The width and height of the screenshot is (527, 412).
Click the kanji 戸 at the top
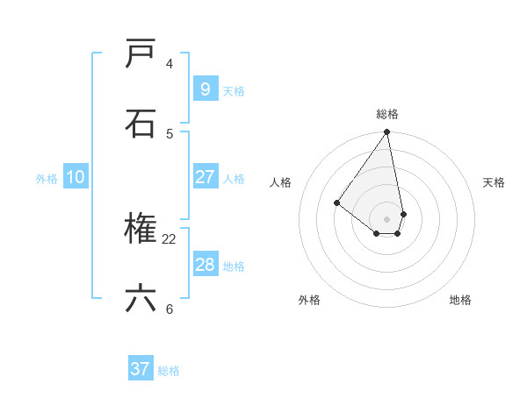tap(141, 54)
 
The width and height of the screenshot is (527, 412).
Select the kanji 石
tap(141, 124)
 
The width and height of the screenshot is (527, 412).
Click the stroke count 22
tap(170, 238)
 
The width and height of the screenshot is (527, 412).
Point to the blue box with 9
tap(205, 89)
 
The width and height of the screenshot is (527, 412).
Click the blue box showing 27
tap(205, 177)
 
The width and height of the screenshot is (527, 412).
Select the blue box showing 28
tap(205, 265)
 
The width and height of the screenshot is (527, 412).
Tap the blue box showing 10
tap(76, 177)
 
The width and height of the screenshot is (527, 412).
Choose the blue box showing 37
tap(141, 369)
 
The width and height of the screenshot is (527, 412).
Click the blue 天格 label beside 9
tap(234, 91)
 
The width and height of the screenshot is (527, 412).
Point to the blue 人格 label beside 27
tap(234, 179)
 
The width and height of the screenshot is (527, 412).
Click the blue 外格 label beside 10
tap(47, 179)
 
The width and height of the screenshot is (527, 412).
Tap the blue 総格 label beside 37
tap(169, 371)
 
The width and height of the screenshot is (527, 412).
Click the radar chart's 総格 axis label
tap(387, 114)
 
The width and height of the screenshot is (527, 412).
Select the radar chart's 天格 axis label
tap(495, 182)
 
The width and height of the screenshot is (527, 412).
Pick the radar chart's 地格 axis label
tap(460, 300)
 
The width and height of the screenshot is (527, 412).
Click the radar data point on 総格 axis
tap(387, 132)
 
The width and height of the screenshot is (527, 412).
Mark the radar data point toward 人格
tap(336, 203)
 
